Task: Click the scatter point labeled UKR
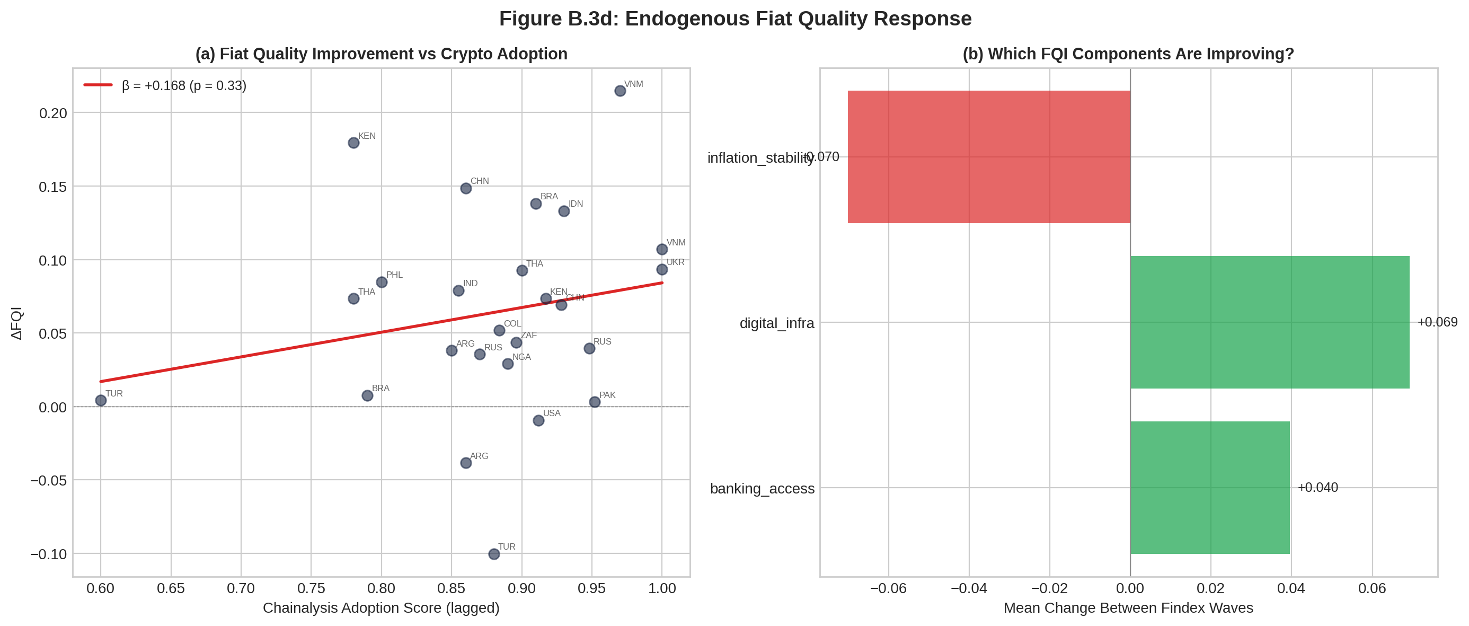pyautogui.click(x=661, y=269)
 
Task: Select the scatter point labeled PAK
pyautogui.click(x=594, y=402)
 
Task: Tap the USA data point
pyautogui.click(x=538, y=420)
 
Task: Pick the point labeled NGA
pyautogui.click(x=508, y=364)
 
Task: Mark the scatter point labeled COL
pyautogui.click(x=499, y=330)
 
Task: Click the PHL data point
pyautogui.click(x=382, y=283)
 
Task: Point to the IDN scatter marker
pyautogui.click(x=563, y=211)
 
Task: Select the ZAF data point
pyautogui.click(x=516, y=342)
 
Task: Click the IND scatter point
pyautogui.click(x=458, y=290)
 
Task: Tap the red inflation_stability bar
pyautogui.click(x=988, y=157)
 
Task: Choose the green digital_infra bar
pyautogui.click(x=1269, y=322)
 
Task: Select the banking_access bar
pyautogui.click(x=1209, y=487)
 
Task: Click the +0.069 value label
pyautogui.click(x=1437, y=322)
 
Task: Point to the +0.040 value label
pyautogui.click(x=1317, y=487)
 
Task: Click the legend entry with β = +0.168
pyautogui.click(x=183, y=85)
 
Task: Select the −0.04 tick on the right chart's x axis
pyautogui.click(x=968, y=588)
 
